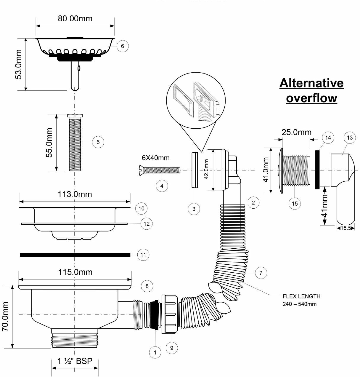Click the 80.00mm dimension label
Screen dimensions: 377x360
click(x=75, y=19)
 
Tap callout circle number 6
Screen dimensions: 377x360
click(x=123, y=46)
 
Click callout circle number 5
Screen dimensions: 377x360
click(x=98, y=142)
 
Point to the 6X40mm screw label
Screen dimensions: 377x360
click(x=155, y=158)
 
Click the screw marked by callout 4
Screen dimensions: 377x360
click(x=159, y=171)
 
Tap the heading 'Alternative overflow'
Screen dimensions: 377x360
click(x=311, y=90)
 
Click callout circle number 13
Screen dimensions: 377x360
click(x=350, y=138)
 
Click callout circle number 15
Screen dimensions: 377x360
click(x=295, y=203)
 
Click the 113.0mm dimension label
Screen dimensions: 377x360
click(x=75, y=194)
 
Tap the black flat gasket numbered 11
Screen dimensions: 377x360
click(x=75, y=255)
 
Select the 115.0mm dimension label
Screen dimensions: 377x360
click(x=75, y=272)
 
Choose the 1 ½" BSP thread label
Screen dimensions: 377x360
click(x=75, y=361)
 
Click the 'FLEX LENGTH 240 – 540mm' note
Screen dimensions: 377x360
click(x=301, y=300)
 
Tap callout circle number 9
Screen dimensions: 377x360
click(x=172, y=348)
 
